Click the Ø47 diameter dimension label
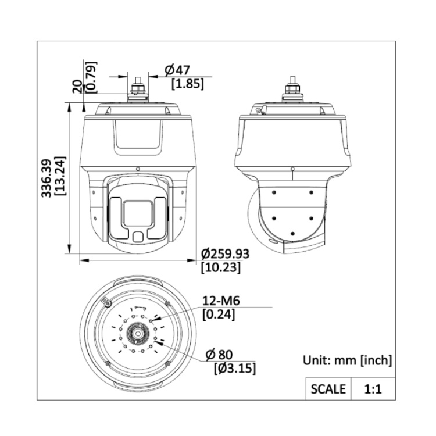point(177,70)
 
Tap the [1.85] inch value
point(187,84)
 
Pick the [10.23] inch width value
point(220,268)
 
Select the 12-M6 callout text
point(221,301)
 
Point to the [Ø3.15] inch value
point(235,369)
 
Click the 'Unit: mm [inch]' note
point(347,360)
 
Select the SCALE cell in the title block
point(327,388)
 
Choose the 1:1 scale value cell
point(371,388)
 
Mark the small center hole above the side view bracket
point(292,169)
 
